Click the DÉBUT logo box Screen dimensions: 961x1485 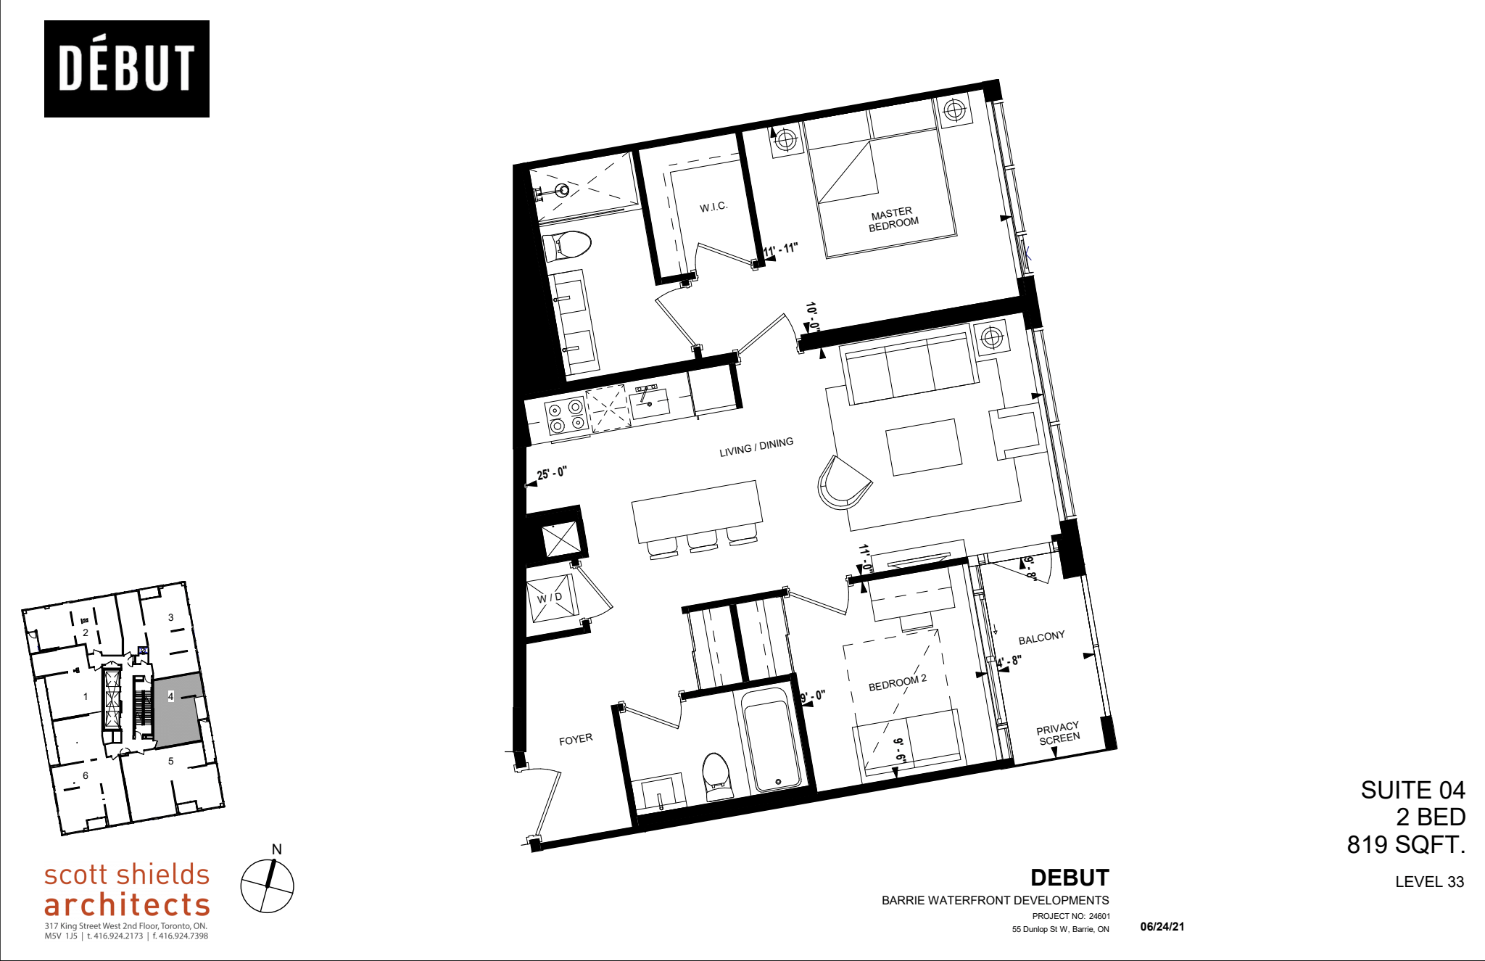pos(127,69)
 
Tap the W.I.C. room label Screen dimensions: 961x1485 pos(713,207)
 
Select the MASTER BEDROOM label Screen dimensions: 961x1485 pos(893,219)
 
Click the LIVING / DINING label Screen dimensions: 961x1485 pos(756,447)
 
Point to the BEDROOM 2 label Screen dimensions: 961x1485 pos(898,682)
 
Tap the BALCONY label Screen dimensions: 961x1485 pos(1041,638)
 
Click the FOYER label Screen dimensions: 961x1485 pos(576,740)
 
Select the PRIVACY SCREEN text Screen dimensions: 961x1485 pos(1059,733)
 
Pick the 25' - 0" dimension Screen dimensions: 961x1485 pos(551,474)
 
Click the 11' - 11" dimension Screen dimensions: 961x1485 pos(780,249)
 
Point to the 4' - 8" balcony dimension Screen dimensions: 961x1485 pos(1009,662)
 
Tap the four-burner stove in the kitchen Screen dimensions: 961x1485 pos(566,416)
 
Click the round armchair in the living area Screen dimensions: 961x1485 pos(843,482)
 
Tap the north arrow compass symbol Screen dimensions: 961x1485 pos(268,886)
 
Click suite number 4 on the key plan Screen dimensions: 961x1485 pos(171,696)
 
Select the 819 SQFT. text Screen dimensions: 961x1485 pos(1406,845)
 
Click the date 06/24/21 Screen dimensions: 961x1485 pos(1162,927)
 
